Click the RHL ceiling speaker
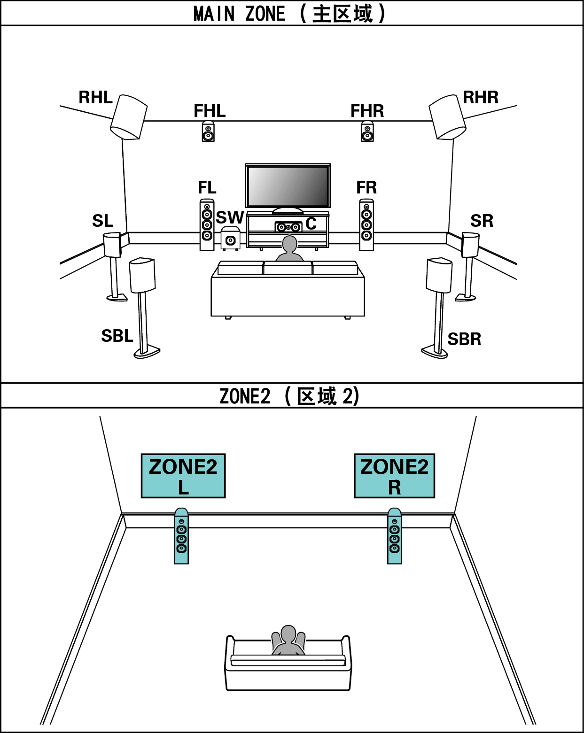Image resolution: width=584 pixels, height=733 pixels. [x=129, y=117]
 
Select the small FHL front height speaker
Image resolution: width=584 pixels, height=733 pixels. [x=208, y=131]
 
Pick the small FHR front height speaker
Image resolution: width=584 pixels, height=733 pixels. [x=367, y=131]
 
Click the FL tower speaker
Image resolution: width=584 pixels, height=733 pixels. [x=207, y=225]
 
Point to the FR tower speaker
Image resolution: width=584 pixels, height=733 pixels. [x=366, y=225]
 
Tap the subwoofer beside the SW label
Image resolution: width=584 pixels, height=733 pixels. [x=230, y=239]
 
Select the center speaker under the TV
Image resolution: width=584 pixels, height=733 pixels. [x=288, y=227]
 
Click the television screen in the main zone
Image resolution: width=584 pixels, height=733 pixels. [x=288, y=186]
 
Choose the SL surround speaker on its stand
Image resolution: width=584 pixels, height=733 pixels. [x=113, y=245]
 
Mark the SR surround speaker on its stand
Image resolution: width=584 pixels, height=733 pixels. [x=470, y=245]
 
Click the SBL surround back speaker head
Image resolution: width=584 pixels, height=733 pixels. [x=142, y=275]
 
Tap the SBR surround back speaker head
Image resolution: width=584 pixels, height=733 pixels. [x=439, y=275]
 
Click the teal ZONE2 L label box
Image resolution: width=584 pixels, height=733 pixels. [x=183, y=476]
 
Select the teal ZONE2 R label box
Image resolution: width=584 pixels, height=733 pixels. [x=394, y=476]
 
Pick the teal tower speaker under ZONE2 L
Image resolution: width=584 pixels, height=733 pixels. [x=181, y=536]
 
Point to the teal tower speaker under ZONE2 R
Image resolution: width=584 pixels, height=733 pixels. [x=395, y=536]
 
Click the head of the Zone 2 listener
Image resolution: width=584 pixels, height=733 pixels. [x=288, y=633]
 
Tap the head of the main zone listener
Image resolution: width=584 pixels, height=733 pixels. [x=289, y=245]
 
